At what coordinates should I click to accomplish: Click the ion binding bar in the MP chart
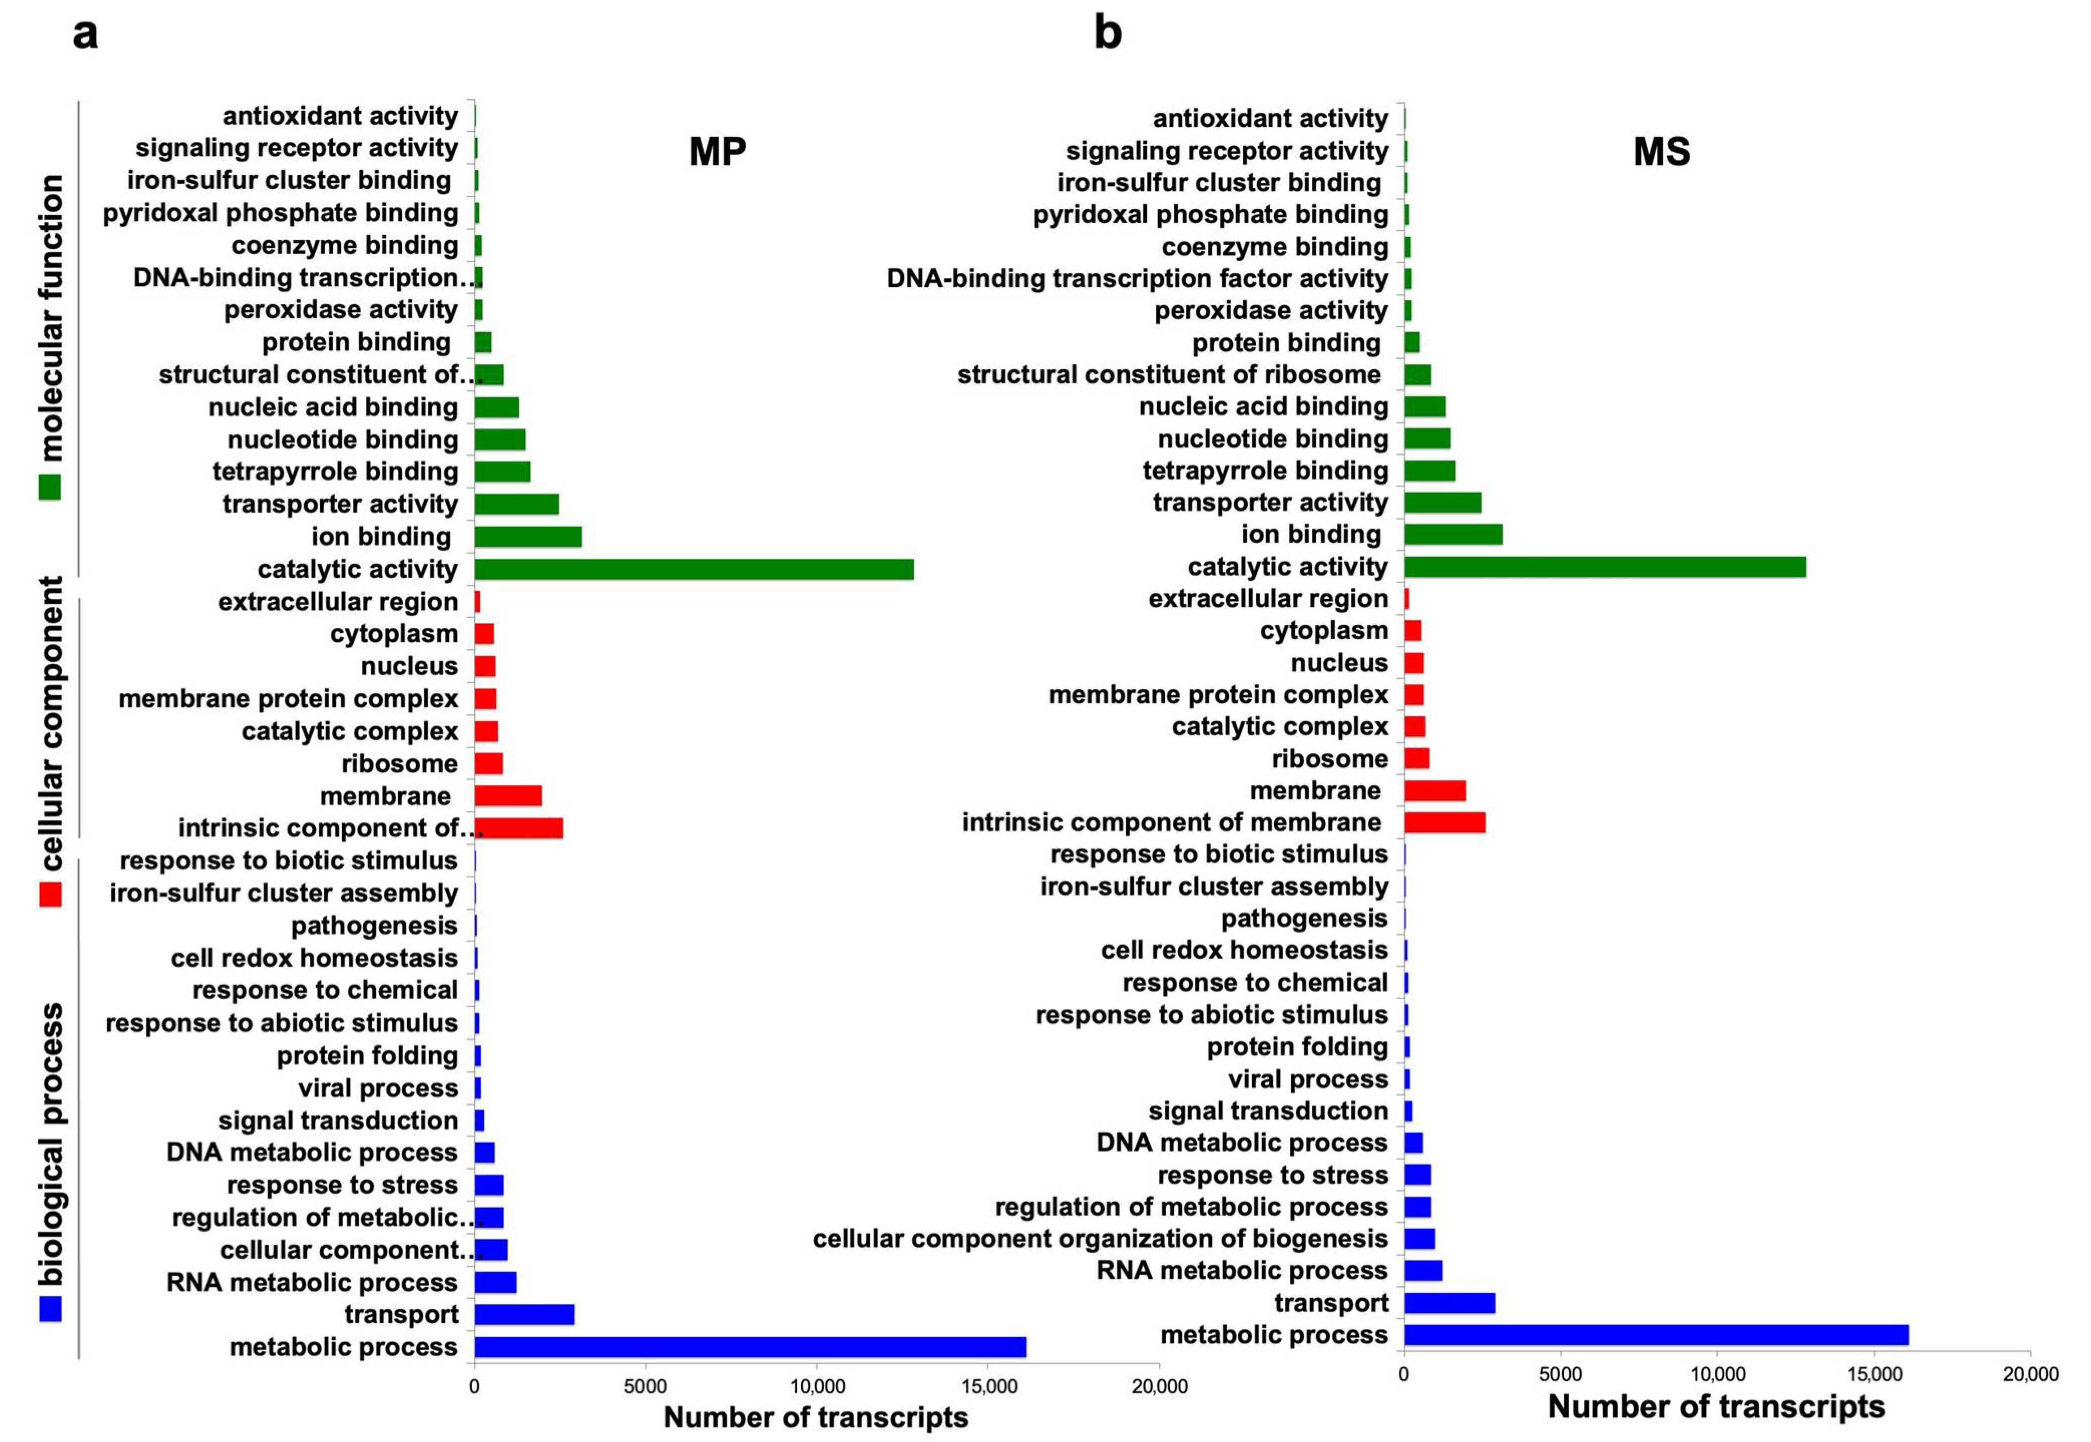coord(528,537)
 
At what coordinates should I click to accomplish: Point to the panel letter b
coord(1107,34)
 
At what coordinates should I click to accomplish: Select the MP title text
coord(718,151)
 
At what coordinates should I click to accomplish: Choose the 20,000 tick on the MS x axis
coord(2029,1374)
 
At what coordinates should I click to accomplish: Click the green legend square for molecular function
coord(51,488)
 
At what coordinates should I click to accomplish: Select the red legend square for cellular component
coord(51,894)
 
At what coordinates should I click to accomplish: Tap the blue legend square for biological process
coord(51,1308)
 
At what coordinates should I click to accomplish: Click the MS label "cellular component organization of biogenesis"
coord(1100,1238)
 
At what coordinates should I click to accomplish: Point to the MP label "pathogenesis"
coord(374,925)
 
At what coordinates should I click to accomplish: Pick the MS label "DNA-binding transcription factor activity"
coord(1137,278)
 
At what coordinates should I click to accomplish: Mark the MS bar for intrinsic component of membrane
coord(1444,822)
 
